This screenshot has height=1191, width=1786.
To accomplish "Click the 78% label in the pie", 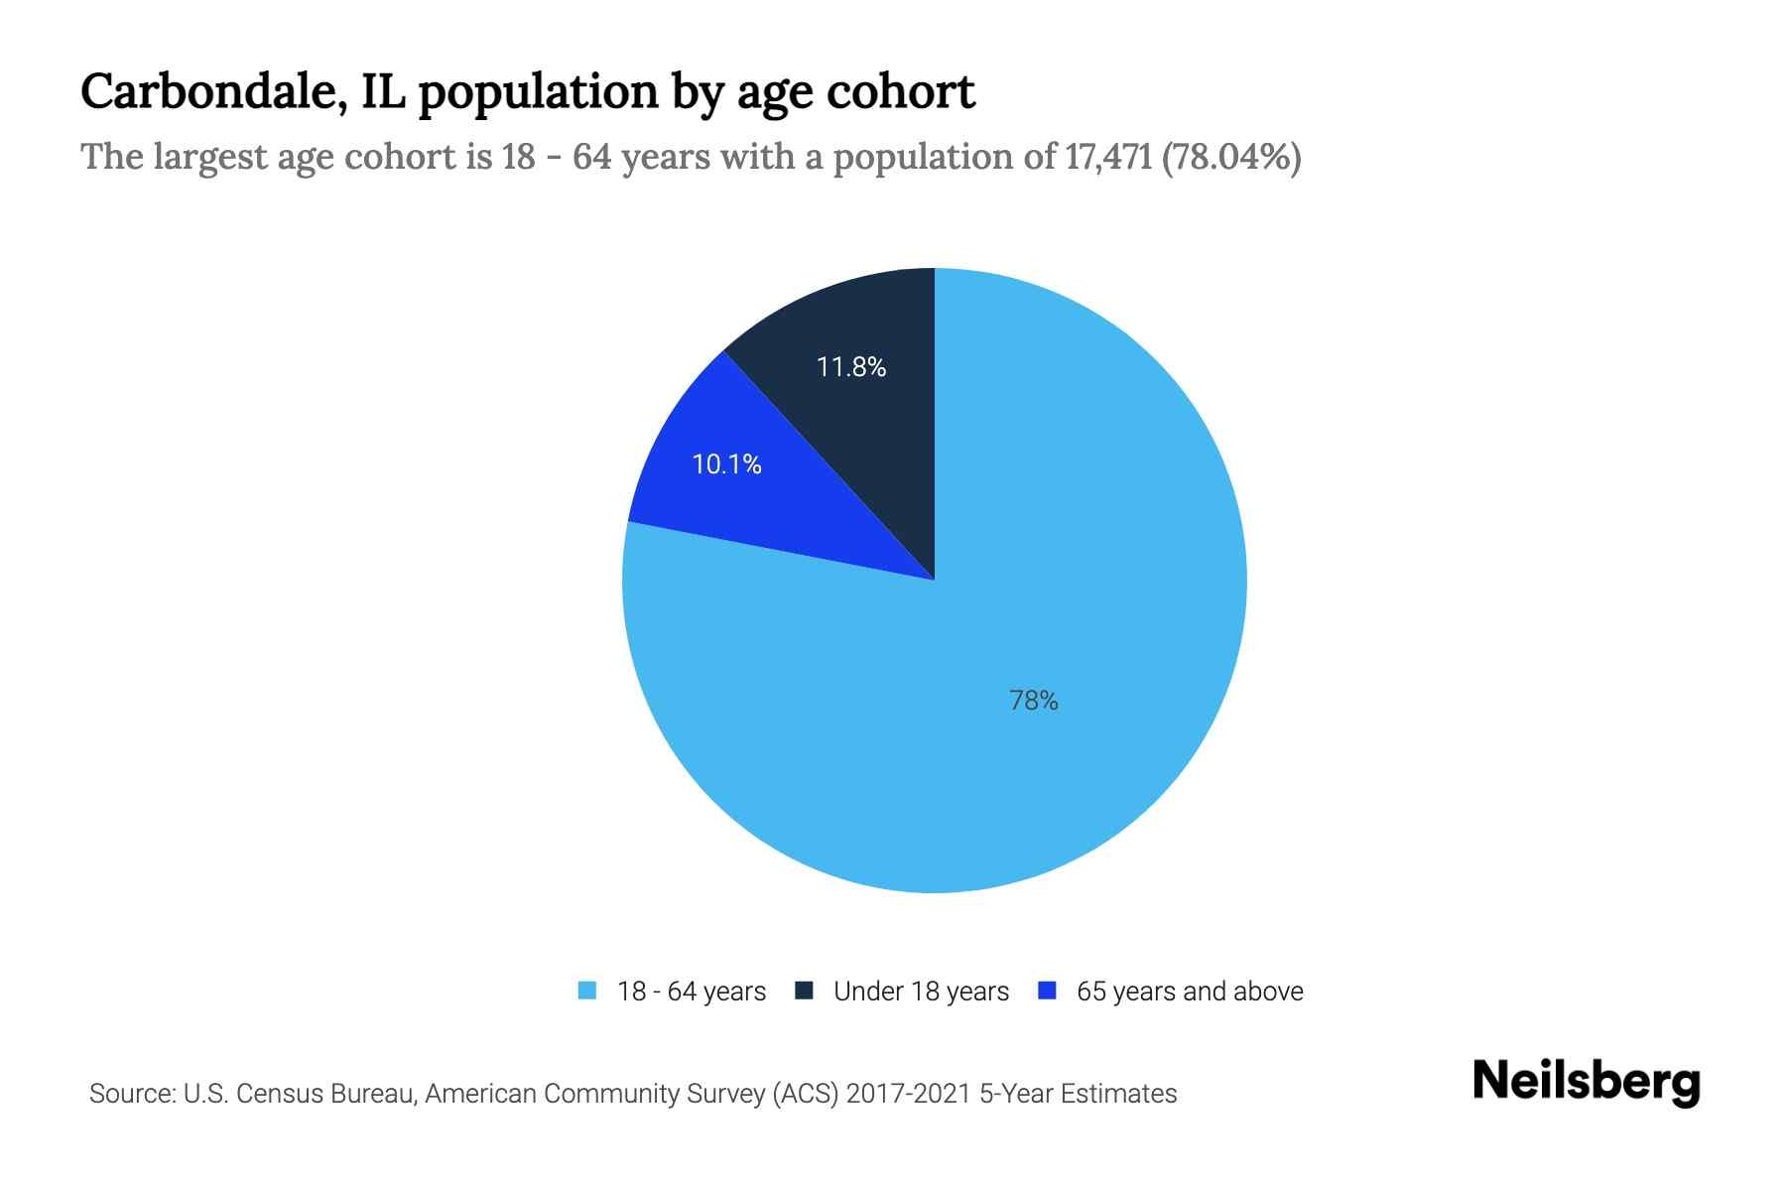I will pyautogui.click(x=1033, y=701).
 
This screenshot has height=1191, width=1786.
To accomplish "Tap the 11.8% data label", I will pyautogui.click(x=850, y=367).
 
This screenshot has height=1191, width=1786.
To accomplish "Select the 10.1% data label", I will pyautogui.click(x=726, y=464).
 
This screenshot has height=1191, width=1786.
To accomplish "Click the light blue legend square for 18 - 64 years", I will pyautogui.click(x=587, y=991).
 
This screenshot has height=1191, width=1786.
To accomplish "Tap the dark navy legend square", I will pyautogui.click(x=804, y=991).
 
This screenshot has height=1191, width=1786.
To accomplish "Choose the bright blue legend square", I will pyautogui.click(x=1046, y=991).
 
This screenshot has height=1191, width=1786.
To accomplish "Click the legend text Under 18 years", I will pyautogui.click(x=921, y=992).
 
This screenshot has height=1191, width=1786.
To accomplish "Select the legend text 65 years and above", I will pyautogui.click(x=1189, y=992).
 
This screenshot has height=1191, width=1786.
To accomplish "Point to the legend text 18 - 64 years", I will pyautogui.click(x=691, y=992).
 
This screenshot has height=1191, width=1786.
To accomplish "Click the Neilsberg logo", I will pyautogui.click(x=1586, y=1082).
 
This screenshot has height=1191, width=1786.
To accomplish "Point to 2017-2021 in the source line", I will pyautogui.click(x=909, y=1094).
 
